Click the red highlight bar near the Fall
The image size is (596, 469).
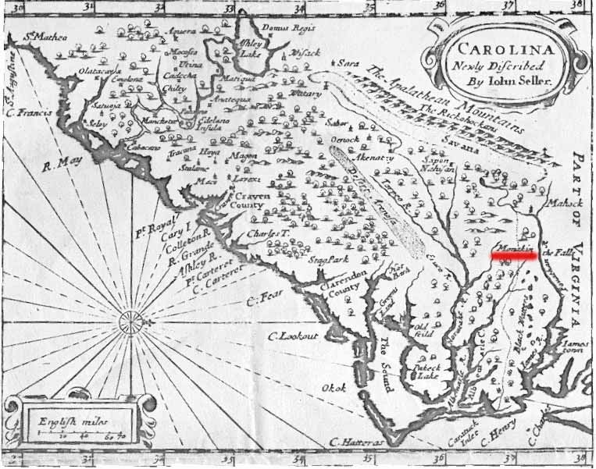(513, 253)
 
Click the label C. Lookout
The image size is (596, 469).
(294, 336)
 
